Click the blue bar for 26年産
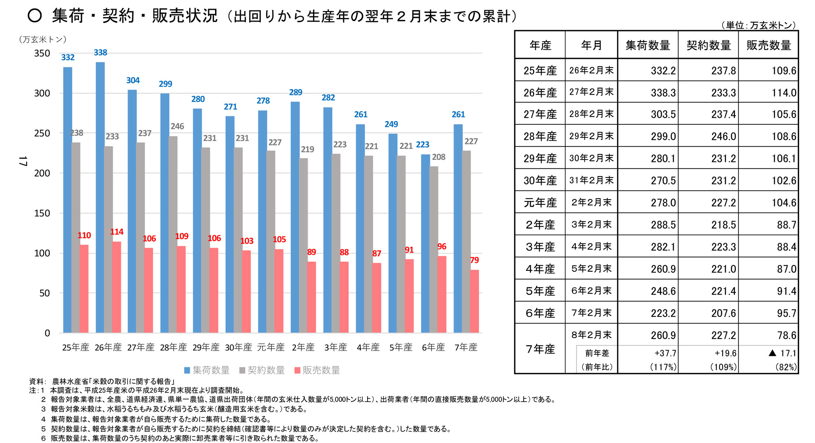100,197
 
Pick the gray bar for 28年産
173,235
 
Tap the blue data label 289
295,93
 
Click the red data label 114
117,232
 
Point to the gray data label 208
438,157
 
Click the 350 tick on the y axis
42,53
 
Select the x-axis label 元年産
271,347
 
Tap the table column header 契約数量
708,45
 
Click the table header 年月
591,45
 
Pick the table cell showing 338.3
663,93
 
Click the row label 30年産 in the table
540,180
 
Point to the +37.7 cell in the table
665,353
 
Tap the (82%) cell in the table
786,367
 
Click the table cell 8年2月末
591,335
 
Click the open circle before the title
35,16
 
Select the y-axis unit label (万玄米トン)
42,40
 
